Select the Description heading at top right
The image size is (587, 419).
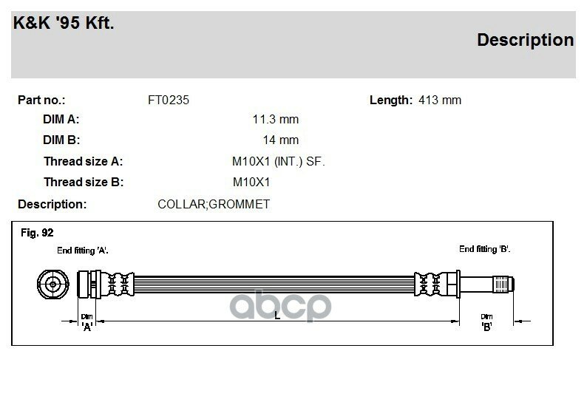pyautogui.click(x=525, y=40)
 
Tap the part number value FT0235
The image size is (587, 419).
pyautogui.click(x=169, y=100)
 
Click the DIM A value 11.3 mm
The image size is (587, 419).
pyautogui.click(x=275, y=119)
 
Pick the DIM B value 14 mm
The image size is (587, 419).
pyautogui.click(x=280, y=140)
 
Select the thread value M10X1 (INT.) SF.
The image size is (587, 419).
pyautogui.click(x=279, y=161)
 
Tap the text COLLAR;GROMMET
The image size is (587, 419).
pyautogui.click(x=214, y=203)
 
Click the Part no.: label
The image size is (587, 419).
pyautogui.click(x=41, y=100)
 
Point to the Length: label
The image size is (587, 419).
pyautogui.click(x=390, y=100)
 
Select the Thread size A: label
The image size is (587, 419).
pyautogui.click(x=83, y=161)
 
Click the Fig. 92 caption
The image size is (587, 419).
pyautogui.click(x=37, y=233)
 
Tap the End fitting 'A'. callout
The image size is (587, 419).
pyautogui.click(x=87, y=251)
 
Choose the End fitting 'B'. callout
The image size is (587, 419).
pyautogui.click(x=484, y=249)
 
